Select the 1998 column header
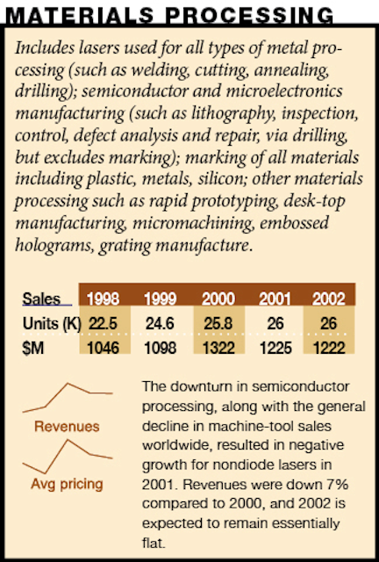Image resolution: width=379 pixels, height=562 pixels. click(x=104, y=299)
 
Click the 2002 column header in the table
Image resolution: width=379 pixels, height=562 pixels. click(x=328, y=299)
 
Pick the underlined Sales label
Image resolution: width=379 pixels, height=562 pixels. click(x=41, y=299)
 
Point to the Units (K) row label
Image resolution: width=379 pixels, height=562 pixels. click(x=52, y=324)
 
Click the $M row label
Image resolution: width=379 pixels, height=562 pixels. click(x=33, y=348)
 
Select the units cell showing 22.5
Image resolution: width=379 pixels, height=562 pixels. click(x=104, y=324)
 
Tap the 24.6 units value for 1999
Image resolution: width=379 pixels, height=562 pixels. click(x=161, y=324)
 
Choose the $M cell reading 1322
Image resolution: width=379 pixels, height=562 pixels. click(x=218, y=348)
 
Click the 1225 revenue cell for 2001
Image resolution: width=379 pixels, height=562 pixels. click(x=275, y=348)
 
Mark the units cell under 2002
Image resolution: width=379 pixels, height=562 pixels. click(x=328, y=324)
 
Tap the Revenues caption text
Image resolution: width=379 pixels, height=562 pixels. click(x=67, y=427)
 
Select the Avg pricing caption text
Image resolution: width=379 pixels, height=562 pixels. click(x=67, y=484)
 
